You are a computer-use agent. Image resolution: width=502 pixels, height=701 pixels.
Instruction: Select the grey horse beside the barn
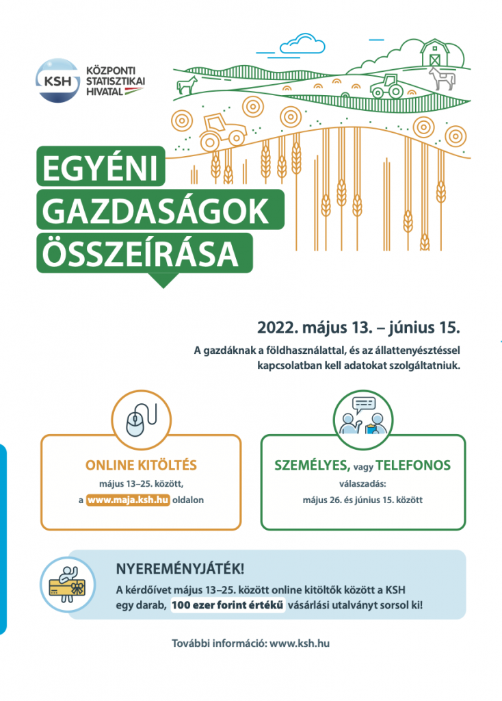click(x=441, y=79)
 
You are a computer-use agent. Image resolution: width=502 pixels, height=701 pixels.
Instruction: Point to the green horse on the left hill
click(x=186, y=86)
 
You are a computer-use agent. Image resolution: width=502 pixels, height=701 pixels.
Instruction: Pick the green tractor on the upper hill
click(x=387, y=86)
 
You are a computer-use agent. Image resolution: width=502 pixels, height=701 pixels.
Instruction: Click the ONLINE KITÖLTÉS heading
click(x=140, y=466)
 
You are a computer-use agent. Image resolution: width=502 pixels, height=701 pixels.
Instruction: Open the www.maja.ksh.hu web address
click(x=128, y=500)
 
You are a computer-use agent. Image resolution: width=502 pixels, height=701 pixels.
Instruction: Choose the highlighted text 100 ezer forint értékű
click(x=228, y=606)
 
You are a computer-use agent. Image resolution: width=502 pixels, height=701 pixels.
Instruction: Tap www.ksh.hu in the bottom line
click(x=300, y=643)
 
